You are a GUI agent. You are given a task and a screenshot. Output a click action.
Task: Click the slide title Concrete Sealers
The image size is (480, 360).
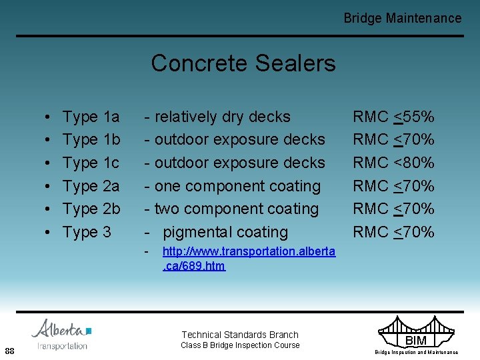pyautogui.click(x=243, y=64)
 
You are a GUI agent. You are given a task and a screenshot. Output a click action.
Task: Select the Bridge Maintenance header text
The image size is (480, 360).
pyautogui.click(x=402, y=18)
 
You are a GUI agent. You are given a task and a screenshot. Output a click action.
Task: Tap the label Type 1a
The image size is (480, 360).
pyautogui.click(x=91, y=117)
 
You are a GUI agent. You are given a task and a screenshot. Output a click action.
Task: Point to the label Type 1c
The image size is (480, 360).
pyautogui.click(x=91, y=163)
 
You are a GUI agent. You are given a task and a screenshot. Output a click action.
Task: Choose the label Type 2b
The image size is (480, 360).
pyautogui.click(x=91, y=209)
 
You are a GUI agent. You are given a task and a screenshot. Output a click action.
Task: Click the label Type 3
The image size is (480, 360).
pyautogui.click(x=87, y=233)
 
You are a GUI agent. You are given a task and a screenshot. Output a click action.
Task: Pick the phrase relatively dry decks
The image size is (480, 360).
pyautogui.click(x=222, y=117)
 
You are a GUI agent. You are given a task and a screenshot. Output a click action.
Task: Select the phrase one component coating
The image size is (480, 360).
pyautogui.click(x=237, y=187)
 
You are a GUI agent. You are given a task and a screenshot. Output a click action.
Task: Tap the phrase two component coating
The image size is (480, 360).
pyautogui.click(x=236, y=209)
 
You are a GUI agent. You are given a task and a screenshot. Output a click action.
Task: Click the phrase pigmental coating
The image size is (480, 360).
pyautogui.click(x=225, y=233)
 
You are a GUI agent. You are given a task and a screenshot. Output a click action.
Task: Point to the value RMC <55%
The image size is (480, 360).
pyautogui.click(x=393, y=117)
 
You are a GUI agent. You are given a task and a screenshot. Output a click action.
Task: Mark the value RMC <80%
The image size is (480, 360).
pyautogui.click(x=393, y=163)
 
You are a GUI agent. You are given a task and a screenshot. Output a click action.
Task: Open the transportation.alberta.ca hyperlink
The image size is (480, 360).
pyautogui.click(x=249, y=259)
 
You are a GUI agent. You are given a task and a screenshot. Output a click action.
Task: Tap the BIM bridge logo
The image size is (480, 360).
pyautogui.click(x=416, y=333)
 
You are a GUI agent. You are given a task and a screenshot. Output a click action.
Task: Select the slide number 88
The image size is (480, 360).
pyautogui.click(x=10, y=351)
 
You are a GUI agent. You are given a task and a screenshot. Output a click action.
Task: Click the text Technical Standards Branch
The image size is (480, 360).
pyautogui.click(x=240, y=335)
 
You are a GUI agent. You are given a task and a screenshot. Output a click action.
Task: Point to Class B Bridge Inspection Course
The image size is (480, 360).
pyautogui.click(x=240, y=345)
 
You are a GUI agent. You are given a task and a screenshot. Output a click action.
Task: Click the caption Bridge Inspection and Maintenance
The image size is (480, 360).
pyautogui.click(x=416, y=352)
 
